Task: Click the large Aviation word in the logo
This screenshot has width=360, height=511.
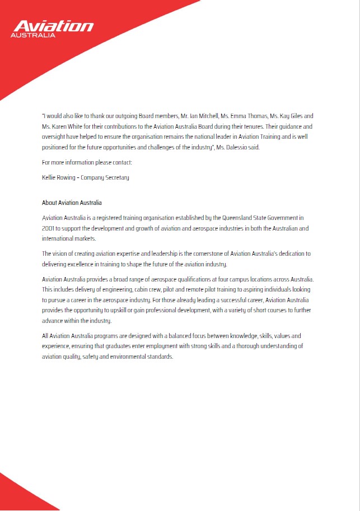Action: (x=53, y=26)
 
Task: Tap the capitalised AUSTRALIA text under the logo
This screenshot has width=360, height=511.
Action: (x=34, y=35)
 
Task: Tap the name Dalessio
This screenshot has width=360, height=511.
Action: (x=247, y=147)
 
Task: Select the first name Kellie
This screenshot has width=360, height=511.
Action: (x=50, y=177)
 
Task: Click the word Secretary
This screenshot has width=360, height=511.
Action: (x=115, y=177)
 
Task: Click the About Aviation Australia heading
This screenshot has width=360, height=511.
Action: (x=72, y=203)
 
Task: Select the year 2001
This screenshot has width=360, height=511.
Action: (x=48, y=228)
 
